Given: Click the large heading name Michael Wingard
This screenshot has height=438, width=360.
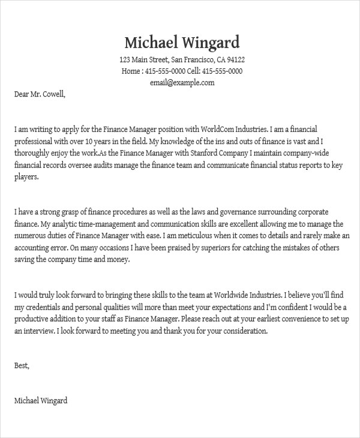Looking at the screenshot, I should click(182, 43).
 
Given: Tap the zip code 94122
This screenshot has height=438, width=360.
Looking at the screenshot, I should click(235, 60).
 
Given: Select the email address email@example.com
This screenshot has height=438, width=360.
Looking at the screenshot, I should click(182, 83).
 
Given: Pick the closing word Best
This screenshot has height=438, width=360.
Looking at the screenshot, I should click(21, 365).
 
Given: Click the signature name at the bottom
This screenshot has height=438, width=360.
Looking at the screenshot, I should click(41, 400).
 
